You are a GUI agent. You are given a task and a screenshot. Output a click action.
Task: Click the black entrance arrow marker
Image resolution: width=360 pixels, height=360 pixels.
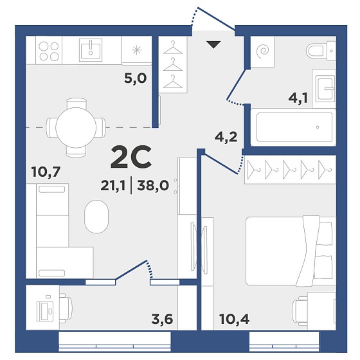(x=213, y=44)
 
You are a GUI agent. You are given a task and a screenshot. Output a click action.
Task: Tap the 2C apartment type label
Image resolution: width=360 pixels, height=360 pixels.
(x=131, y=157)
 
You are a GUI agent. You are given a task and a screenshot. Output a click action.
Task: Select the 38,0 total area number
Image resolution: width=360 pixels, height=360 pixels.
(x=153, y=186)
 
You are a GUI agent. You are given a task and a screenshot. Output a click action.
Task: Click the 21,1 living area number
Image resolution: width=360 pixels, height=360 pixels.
(x=113, y=186)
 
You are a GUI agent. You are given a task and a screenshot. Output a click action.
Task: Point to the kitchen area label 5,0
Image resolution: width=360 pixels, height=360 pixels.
(x=136, y=78)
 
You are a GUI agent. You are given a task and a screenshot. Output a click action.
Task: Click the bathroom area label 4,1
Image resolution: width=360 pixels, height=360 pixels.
(x=298, y=98)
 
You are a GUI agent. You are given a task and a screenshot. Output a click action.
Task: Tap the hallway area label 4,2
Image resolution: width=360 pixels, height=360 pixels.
(x=226, y=137)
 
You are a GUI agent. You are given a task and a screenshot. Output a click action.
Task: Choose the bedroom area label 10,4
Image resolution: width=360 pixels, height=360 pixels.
(x=234, y=319)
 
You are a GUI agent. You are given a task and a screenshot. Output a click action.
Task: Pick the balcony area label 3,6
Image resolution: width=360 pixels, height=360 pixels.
(x=162, y=319)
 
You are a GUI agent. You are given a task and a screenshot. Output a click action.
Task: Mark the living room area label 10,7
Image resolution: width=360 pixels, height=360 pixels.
(x=46, y=172)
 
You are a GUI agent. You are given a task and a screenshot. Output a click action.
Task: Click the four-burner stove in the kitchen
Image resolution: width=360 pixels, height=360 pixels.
(x=49, y=51)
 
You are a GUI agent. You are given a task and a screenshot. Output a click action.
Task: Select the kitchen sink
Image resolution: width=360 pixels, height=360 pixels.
(x=91, y=50)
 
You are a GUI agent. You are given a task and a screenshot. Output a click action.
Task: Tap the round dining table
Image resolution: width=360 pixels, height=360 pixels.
(x=76, y=127)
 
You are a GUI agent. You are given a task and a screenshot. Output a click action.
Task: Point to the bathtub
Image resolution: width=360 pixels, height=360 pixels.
(x=294, y=127)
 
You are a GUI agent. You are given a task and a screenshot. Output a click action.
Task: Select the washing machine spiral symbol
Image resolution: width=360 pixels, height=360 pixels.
(x=262, y=51)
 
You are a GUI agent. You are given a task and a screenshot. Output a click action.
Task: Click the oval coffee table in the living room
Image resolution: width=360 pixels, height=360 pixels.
(x=96, y=217)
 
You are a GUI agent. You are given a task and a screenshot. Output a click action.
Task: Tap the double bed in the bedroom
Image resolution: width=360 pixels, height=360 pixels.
(x=291, y=251)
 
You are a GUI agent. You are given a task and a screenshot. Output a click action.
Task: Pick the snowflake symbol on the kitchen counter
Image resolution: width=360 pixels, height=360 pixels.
(x=136, y=50)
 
